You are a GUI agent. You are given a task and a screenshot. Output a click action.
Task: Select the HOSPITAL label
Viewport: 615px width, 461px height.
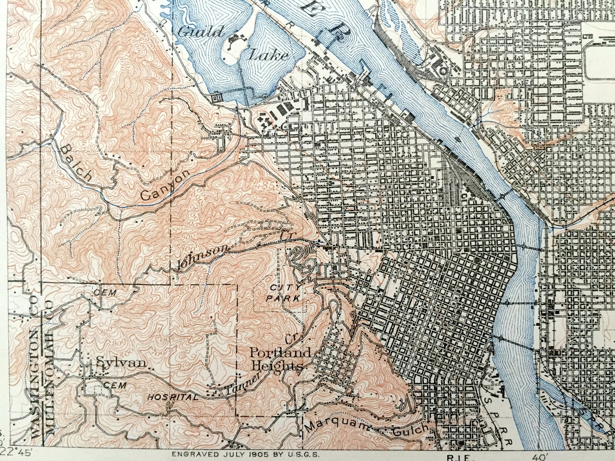(173, 398)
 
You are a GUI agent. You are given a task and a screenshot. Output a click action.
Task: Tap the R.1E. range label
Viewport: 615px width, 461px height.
(465, 457)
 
